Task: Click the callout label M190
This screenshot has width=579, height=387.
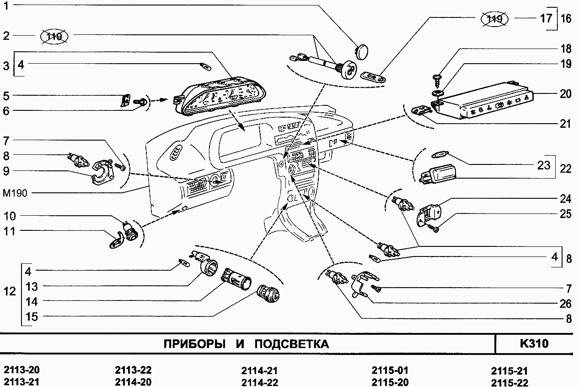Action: [x=15, y=193]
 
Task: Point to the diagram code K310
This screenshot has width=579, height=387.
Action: [x=534, y=343]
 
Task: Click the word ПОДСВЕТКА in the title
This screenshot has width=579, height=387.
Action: [x=291, y=344]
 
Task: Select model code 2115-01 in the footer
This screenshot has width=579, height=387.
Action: [x=390, y=371]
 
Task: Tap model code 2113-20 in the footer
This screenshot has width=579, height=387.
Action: [x=22, y=371]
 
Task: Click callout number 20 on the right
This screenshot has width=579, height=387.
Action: [x=565, y=94]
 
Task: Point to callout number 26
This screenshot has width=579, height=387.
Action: [x=565, y=304]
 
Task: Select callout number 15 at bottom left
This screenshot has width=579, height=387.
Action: [x=31, y=317]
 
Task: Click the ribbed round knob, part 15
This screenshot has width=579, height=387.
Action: [x=268, y=294]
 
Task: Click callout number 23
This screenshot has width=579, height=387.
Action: [x=543, y=165]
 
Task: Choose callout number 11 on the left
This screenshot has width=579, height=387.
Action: [x=9, y=232]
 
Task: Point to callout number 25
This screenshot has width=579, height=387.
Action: [x=565, y=214]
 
